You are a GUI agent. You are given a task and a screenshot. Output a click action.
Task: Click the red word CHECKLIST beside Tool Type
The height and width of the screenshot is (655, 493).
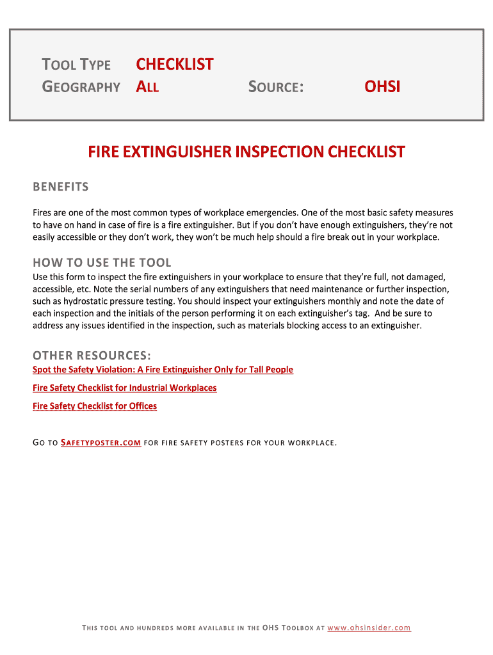[174, 65]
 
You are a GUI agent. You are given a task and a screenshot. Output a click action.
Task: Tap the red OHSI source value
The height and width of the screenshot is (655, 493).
[382, 86]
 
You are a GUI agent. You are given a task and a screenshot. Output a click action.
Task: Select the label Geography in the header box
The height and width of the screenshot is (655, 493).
[81, 86]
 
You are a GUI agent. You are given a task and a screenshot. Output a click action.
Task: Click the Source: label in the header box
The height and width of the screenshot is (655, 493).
[275, 86]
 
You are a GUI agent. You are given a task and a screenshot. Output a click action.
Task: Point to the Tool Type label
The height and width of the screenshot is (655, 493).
[76, 65]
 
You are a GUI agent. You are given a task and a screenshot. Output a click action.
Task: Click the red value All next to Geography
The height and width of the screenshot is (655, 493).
[147, 86]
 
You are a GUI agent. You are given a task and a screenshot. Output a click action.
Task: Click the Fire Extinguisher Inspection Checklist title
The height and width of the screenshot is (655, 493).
[247, 152]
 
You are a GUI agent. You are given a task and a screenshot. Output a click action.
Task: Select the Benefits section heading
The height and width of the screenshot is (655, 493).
[61, 187]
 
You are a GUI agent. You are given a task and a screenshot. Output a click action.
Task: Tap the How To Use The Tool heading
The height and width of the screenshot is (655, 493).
[102, 262]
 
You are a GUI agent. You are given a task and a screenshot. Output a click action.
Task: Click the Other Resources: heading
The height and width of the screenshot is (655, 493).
[92, 355]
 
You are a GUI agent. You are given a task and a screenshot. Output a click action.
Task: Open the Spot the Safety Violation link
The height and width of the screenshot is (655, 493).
[163, 370]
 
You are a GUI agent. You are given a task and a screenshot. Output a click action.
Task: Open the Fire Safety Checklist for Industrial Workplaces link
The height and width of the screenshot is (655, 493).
[124, 388]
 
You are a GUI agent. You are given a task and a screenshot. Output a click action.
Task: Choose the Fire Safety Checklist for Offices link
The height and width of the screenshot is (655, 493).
[94, 406]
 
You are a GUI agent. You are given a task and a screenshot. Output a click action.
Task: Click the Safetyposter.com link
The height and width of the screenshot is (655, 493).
[101, 443]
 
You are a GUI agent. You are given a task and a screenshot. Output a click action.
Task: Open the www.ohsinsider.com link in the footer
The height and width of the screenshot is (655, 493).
[369, 628]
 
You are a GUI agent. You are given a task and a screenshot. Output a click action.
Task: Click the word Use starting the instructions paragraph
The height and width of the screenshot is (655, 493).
[40, 276]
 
